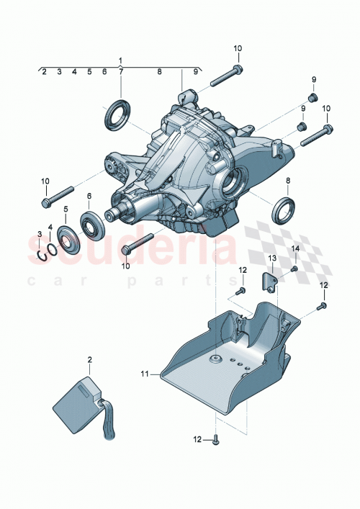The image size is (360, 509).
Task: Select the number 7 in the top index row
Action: [x=120, y=72]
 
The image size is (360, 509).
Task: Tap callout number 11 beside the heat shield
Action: [x=145, y=374]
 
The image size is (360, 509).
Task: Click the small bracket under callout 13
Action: [x=271, y=281]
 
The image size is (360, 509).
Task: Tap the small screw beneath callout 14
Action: [x=295, y=269]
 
